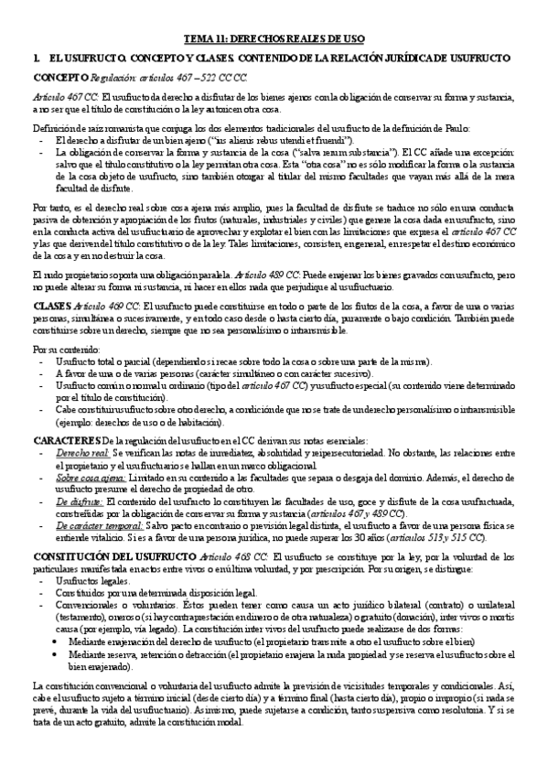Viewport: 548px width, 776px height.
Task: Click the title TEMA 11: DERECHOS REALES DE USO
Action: tap(275, 39)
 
